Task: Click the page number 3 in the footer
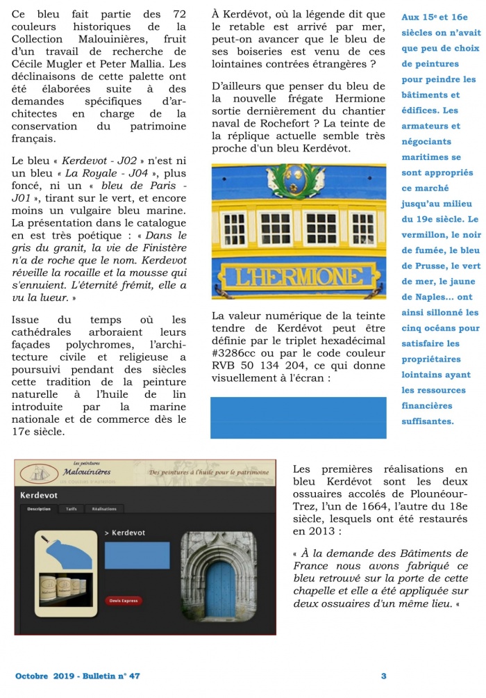(x=384, y=676)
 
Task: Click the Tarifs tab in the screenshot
(x=72, y=509)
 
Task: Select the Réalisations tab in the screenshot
(x=105, y=509)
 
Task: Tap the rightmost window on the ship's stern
(x=363, y=229)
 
